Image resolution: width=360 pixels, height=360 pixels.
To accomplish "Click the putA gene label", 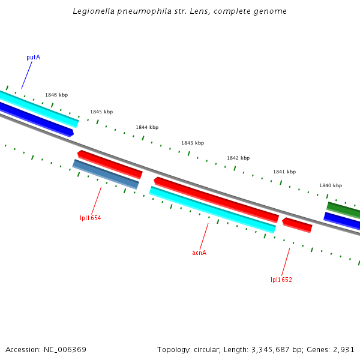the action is (x=33, y=58).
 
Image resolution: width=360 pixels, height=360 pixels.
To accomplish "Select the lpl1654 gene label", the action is (x=91, y=218).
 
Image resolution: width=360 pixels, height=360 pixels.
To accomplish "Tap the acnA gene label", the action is (x=199, y=253).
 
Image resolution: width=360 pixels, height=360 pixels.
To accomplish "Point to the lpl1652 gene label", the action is (x=281, y=280).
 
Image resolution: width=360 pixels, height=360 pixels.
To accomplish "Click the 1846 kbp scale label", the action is (x=56, y=95).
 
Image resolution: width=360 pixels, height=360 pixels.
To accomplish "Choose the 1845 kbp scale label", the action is (x=101, y=112).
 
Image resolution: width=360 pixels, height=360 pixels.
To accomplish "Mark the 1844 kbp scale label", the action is (x=147, y=127).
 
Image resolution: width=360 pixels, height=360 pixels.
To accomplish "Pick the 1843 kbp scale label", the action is (x=193, y=143).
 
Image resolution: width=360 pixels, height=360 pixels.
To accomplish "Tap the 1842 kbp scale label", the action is (x=238, y=158).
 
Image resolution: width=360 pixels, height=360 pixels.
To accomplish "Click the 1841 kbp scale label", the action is (x=284, y=172).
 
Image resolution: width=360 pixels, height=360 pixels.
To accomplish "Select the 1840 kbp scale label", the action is (x=331, y=186).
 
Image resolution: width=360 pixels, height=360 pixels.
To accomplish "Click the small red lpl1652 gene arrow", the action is (x=297, y=225).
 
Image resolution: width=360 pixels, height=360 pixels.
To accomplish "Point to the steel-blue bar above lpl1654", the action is (x=106, y=174).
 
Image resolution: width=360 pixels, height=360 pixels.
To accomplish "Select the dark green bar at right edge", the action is (x=344, y=209).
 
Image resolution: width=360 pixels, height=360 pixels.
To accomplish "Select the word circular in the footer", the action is (x=205, y=349).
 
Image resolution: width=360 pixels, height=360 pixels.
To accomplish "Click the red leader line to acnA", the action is (x=204, y=236).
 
